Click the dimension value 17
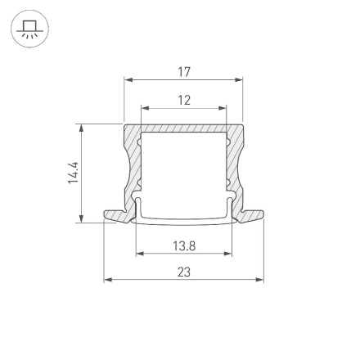coord(184,72)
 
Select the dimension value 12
coord(184,100)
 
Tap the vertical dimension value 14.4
coord(73,173)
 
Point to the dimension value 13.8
coord(184,245)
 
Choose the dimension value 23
coord(184,272)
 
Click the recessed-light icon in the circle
coord(29,29)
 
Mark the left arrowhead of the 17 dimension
coord(128,80)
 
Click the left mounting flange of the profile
coord(116,215)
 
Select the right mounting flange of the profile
coord(252,215)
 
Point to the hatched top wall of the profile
coord(184,128)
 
